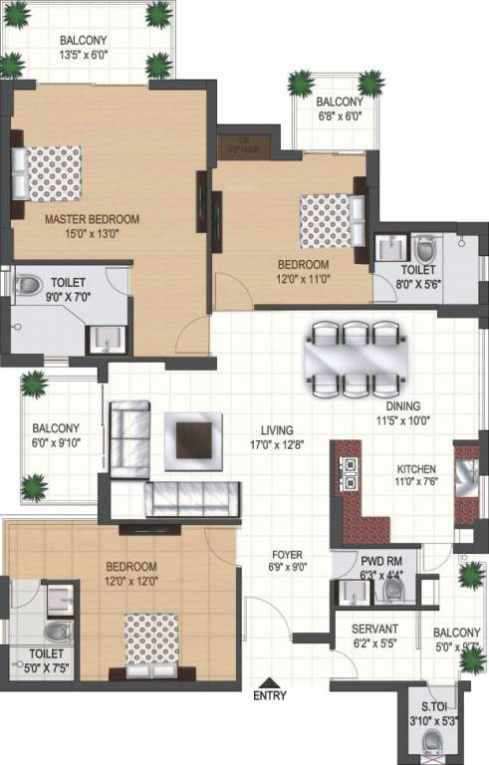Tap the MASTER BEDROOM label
coord(91,219)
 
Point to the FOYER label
coord(287,555)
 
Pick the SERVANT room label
coord(374,630)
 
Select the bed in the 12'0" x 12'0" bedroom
coord(150,643)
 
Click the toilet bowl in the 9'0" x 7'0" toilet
coord(26,285)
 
